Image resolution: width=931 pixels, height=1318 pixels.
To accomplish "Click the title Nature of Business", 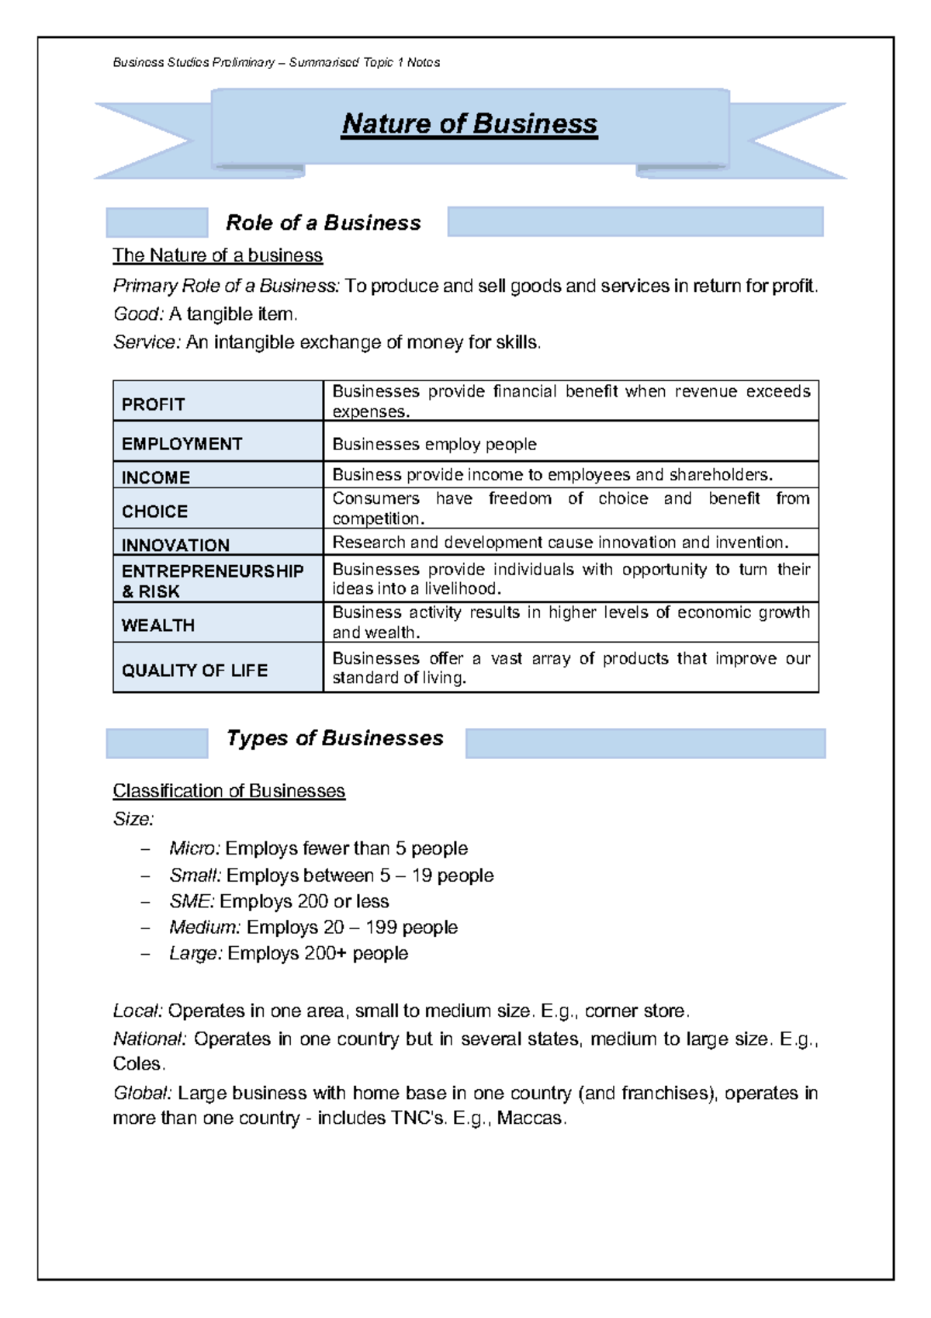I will [469, 124].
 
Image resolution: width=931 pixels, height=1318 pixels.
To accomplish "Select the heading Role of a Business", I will [324, 224].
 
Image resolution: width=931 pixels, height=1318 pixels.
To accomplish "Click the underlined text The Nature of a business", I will [217, 255].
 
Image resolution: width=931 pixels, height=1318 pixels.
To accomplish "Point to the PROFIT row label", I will [153, 404].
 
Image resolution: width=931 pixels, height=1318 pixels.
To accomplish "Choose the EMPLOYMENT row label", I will [182, 444].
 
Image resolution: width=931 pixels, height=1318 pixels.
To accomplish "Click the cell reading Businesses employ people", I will [434, 444].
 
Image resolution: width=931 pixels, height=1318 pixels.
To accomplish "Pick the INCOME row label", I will [155, 477].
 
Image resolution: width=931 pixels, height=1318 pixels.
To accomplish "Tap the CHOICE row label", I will [154, 512].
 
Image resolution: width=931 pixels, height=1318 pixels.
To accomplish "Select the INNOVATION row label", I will [175, 545].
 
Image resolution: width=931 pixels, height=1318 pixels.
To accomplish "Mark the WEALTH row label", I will [157, 625].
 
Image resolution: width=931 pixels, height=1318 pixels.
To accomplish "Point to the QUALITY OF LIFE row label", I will [194, 670].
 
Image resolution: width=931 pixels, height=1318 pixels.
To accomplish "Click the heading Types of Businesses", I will [334, 738].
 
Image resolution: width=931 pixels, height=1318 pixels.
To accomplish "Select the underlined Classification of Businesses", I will [229, 791].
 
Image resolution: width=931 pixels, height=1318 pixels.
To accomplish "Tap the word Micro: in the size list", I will [195, 848].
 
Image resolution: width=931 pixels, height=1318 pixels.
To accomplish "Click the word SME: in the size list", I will [191, 901].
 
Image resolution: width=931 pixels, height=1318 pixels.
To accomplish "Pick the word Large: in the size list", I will [196, 953].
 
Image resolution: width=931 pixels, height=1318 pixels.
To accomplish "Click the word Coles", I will [138, 1063].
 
